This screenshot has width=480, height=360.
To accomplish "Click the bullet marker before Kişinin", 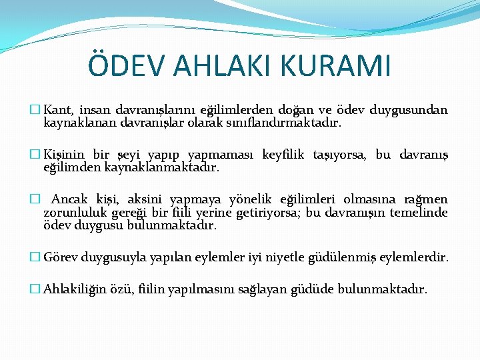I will pyautogui.click(x=36, y=155).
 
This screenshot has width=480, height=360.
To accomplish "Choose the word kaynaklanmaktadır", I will pyautogui.click(x=162, y=168).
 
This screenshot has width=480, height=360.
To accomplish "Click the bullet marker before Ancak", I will pyautogui.click(x=36, y=200).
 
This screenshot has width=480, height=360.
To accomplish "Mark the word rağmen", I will pyautogui.click(x=427, y=200).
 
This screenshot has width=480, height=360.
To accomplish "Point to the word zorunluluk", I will pyautogui.click(x=72, y=213).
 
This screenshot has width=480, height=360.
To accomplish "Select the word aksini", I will pyautogui.click(x=145, y=200).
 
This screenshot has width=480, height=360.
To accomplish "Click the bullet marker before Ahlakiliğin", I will pyautogui.click(x=36, y=289).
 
